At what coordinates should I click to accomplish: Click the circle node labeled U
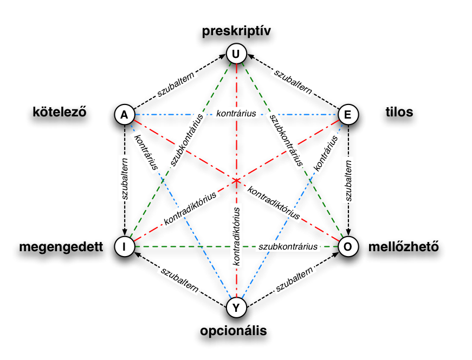(x=236, y=54)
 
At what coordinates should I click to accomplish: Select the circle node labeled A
(x=125, y=115)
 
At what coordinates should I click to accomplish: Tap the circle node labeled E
(x=348, y=115)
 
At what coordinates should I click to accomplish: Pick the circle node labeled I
(x=125, y=247)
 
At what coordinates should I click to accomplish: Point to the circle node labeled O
(x=348, y=247)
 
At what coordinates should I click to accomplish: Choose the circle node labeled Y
(x=236, y=307)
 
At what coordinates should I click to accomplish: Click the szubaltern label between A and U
(x=176, y=84)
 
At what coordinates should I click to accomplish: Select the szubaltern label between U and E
(x=293, y=81)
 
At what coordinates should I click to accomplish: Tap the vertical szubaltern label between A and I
(x=125, y=179)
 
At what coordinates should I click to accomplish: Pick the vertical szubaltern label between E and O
(x=348, y=179)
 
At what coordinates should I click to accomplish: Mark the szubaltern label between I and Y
(x=179, y=279)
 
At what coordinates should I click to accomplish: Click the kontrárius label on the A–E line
(x=236, y=113)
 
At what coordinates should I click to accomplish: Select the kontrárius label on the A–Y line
(x=146, y=150)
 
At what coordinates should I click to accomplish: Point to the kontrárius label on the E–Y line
(x=326, y=154)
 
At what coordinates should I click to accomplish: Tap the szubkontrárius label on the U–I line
(x=187, y=139)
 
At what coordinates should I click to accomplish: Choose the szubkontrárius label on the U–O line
(x=286, y=139)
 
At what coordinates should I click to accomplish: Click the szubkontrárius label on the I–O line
(x=288, y=246)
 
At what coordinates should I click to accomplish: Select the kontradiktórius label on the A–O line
(x=273, y=202)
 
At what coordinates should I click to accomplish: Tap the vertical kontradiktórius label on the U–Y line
(x=236, y=235)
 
